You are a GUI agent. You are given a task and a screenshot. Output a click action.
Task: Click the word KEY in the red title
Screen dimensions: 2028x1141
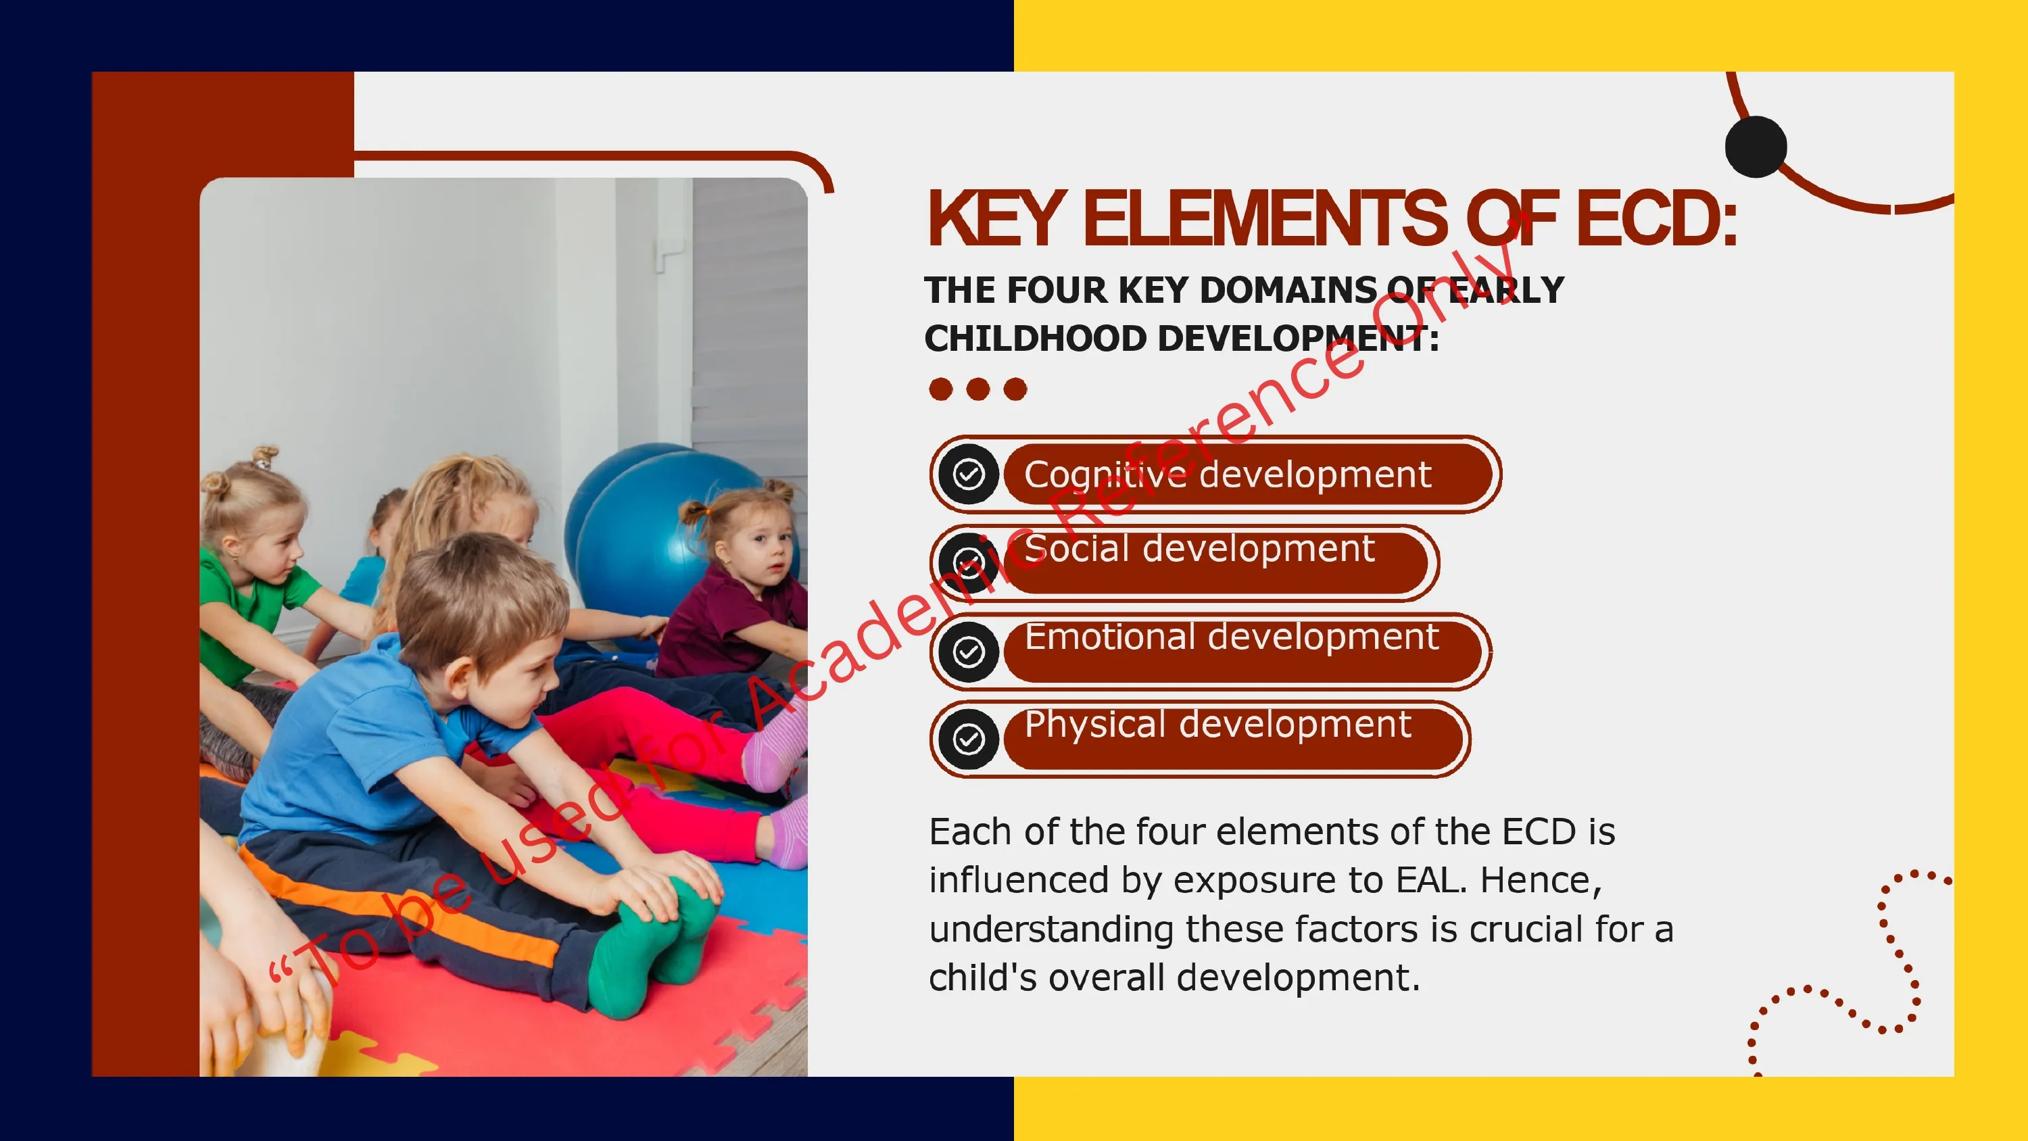tap(996, 218)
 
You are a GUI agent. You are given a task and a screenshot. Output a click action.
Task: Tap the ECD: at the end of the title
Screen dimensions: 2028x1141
tap(1656, 218)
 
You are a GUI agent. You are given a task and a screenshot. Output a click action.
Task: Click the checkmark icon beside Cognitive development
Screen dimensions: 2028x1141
tap(968, 474)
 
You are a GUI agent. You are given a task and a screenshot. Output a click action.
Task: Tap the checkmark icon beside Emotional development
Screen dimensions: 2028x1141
tap(968, 651)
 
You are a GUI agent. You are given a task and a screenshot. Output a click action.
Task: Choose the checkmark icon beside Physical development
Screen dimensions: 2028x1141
tap(968, 739)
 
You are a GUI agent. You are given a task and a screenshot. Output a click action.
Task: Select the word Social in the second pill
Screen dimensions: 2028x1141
tap(1077, 548)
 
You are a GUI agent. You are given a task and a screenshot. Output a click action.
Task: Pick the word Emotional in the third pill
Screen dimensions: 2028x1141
tap(1110, 636)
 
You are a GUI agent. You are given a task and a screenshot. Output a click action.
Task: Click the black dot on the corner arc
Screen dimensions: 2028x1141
tap(1756, 147)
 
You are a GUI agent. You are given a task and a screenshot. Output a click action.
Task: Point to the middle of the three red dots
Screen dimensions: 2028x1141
tap(977, 389)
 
